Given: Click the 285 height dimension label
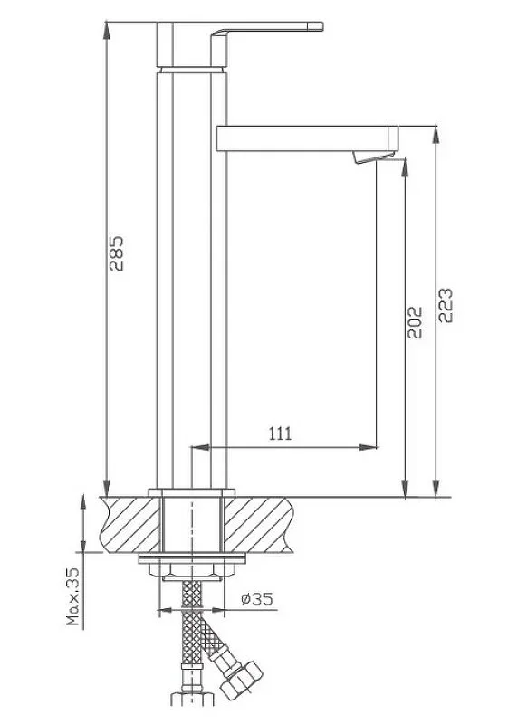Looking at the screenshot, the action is coord(117,253).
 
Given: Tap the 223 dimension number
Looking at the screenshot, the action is coord(446,305).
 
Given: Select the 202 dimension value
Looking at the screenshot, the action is coord(415,322).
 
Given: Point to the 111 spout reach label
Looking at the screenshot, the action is coord(281,433).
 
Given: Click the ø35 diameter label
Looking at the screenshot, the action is coord(257,599).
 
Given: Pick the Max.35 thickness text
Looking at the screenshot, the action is coord(73,596).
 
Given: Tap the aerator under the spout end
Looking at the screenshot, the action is coord(373,157).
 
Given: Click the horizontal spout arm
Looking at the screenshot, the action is coord(307,138).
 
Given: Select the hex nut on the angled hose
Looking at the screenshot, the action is coord(241,679).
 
